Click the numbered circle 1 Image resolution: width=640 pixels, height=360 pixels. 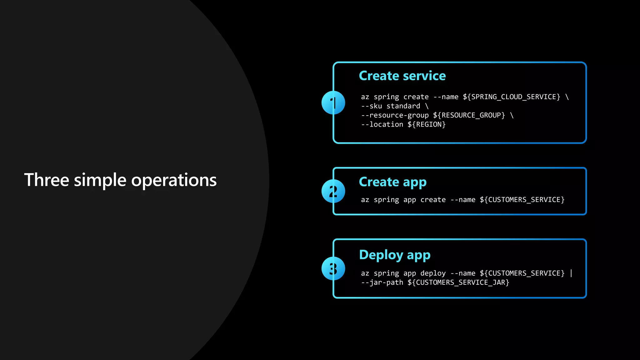click(x=333, y=103)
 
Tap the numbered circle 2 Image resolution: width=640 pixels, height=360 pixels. click(x=333, y=191)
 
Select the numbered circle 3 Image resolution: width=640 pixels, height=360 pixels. click(x=333, y=268)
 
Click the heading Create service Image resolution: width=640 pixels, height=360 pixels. click(x=402, y=76)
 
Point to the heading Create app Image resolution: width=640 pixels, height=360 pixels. click(x=392, y=182)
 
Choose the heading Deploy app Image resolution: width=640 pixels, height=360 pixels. click(x=395, y=255)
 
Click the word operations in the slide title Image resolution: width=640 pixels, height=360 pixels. click(x=174, y=180)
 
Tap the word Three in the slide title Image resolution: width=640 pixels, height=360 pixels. click(x=47, y=180)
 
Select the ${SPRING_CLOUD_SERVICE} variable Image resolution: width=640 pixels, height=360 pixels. click(x=512, y=97)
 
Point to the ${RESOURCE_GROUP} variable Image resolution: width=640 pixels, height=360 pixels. click(x=469, y=115)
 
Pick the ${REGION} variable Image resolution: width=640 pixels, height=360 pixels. click(x=427, y=124)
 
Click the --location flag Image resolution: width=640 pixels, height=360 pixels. click(x=382, y=124)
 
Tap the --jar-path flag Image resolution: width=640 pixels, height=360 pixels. click(x=382, y=282)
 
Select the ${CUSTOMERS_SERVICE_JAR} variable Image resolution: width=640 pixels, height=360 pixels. click(x=458, y=282)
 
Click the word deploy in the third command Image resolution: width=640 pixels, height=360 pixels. click(x=433, y=273)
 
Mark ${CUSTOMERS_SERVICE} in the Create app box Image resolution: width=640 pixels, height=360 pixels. click(x=522, y=200)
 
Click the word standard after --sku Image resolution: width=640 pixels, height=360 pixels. click(x=403, y=106)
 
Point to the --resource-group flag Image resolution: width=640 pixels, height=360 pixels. click(x=395, y=115)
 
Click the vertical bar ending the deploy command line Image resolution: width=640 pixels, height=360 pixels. click(x=571, y=273)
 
